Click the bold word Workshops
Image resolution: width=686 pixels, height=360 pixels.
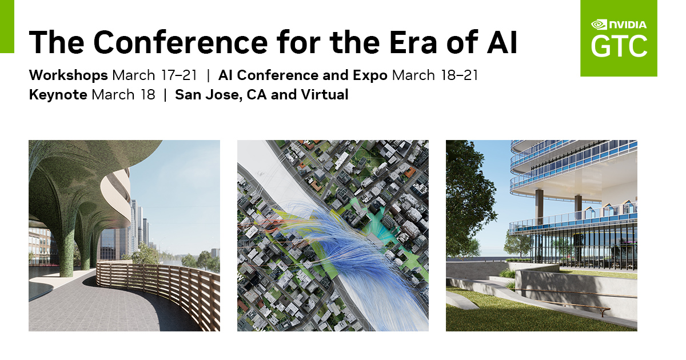point(69,75)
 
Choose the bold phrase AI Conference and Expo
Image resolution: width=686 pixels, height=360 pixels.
point(303,75)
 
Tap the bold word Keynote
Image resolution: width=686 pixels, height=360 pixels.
point(58,94)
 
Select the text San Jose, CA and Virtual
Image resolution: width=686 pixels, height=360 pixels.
point(262,94)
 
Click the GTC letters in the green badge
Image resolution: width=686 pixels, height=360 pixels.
point(619,46)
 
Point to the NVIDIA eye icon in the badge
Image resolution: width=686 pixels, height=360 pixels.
point(599,25)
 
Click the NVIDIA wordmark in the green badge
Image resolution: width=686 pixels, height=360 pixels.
point(627,25)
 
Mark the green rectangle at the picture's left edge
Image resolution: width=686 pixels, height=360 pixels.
point(7,26)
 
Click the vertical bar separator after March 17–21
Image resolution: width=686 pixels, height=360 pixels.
point(209,75)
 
